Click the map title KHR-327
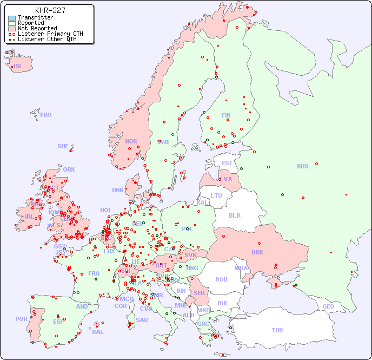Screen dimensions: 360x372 coord(50,10)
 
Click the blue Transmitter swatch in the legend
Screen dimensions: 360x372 coord(12,18)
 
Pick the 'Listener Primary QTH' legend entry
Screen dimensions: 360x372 coord(50,34)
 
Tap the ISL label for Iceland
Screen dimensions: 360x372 coord(18,67)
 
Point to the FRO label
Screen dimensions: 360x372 coord(46,115)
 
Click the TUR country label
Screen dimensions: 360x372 coord(277,330)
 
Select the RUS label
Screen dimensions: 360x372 coord(302,166)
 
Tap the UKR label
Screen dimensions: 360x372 coord(257,252)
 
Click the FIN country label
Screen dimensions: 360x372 coord(226,115)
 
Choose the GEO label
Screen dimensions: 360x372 coord(328,306)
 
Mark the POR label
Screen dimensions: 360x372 coord(21,319)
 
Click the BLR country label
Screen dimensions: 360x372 coord(234,215)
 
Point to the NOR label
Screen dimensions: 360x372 coord(131,141)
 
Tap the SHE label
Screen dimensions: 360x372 coord(63,146)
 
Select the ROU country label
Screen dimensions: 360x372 coord(221,279)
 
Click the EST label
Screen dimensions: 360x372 coord(227,163)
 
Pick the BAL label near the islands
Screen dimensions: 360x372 coord(97,332)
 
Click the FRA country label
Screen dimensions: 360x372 coord(94,273)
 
